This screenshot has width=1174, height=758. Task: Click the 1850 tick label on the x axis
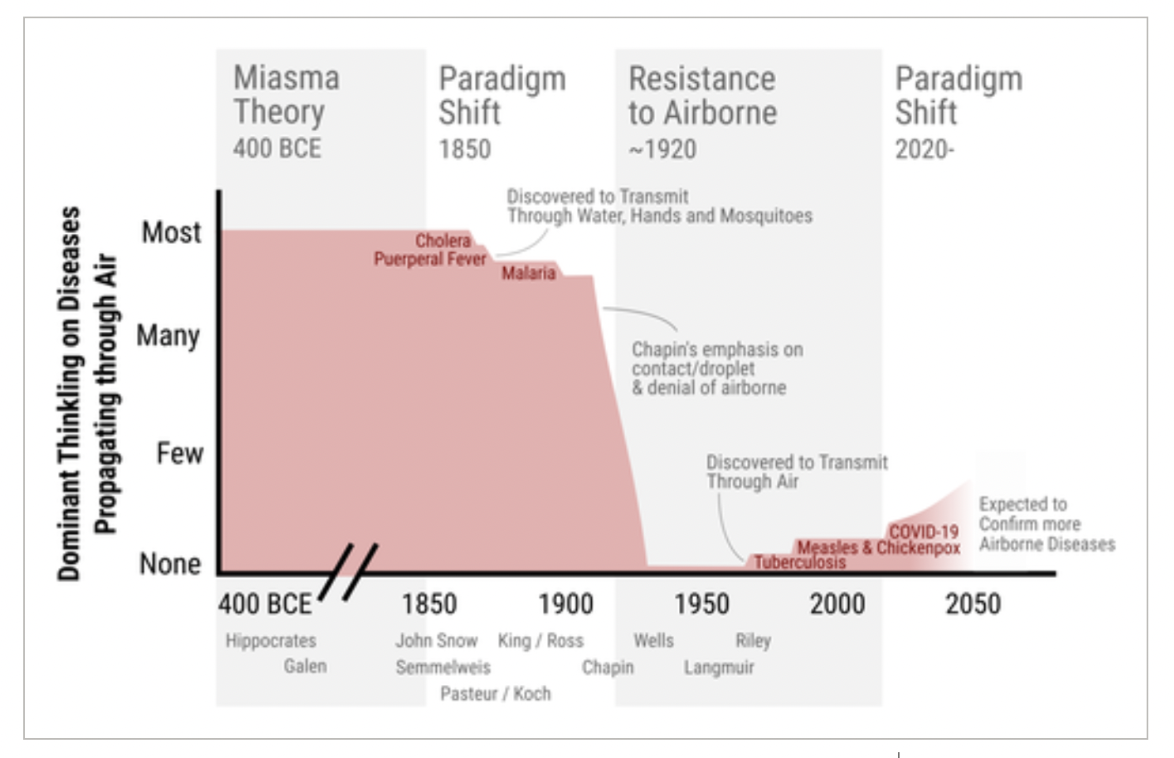[x=429, y=604]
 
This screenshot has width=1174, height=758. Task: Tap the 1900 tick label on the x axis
[x=565, y=604]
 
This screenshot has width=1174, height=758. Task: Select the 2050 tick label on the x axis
[x=973, y=604]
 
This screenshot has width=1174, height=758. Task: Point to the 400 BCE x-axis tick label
[x=265, y=604]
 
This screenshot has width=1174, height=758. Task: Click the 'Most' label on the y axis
[x=172, y=232]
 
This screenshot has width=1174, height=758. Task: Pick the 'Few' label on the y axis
[x=180, y=454]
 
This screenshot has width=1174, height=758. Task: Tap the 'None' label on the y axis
[x=170, y=564]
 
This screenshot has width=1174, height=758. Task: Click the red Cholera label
[x=443, y=241]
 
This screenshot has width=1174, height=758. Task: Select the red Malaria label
[x=528, y=273]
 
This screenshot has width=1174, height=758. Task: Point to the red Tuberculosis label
[x=799, y=562]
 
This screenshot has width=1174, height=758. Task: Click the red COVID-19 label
[x=924, y=532]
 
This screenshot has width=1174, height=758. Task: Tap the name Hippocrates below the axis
[x=271, y=641]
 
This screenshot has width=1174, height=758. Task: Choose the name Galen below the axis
[x=305, y=666]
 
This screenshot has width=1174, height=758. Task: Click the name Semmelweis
[x=443, y=668]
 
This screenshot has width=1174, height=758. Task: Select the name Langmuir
[x=719, y=668]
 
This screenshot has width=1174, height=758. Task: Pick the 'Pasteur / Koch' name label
[x=495, y=693]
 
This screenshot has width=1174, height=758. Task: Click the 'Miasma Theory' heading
[x=286, y=95]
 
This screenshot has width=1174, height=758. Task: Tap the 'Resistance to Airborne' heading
[x=702, y=95]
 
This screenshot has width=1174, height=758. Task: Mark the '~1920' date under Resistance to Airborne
[x=662, y=149]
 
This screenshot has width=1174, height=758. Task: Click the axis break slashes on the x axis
[x=348, y=571]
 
